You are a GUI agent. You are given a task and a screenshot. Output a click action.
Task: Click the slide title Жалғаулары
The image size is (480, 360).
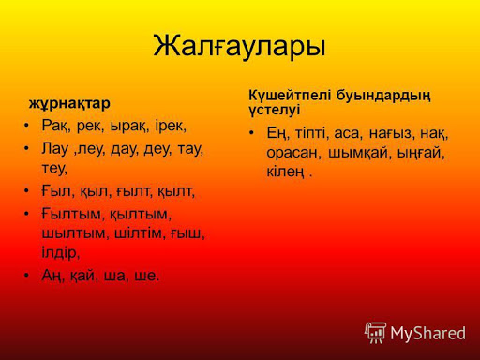tap(239, 47)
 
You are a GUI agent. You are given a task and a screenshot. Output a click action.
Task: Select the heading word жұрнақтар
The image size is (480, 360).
tap(69, 104)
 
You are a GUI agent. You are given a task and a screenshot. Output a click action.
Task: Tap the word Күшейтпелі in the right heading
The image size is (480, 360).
tap(290, 95)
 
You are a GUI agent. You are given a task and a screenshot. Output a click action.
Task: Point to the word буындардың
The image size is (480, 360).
tap(383, 96)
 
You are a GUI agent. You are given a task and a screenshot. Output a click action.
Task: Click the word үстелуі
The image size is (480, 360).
tap(275, 110)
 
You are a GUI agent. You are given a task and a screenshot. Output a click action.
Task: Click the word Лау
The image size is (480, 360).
tap(55, 149)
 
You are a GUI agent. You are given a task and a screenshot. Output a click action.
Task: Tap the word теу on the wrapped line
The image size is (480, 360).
tap(54, 169)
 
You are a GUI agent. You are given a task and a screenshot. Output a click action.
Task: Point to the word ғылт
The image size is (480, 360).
tap(134, 191)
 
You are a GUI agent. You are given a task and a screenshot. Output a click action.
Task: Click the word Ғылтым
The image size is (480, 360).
tap(71, 215)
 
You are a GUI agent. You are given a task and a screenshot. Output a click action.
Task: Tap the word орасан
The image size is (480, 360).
tap(293, 153)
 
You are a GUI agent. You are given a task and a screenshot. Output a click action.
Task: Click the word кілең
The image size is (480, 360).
tap(285, 172)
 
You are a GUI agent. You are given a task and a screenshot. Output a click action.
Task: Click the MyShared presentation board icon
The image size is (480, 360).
tap(375, 333)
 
